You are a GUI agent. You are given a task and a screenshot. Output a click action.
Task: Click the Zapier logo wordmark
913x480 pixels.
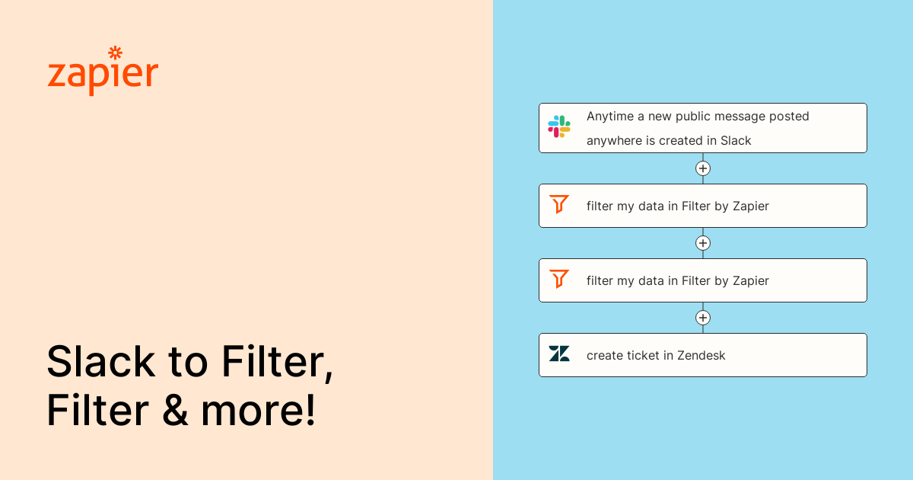point(103,75)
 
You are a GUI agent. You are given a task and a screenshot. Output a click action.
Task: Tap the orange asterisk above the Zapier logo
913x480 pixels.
point(116,53)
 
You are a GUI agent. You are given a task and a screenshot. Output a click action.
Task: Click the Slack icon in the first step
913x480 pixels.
point(559,126)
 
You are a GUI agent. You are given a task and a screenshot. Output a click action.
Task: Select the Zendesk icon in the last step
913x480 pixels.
point(559,354)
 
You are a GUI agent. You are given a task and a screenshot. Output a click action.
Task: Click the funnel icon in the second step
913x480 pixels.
point(559,204)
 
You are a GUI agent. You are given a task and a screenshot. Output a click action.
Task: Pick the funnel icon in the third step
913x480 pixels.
point(559,279)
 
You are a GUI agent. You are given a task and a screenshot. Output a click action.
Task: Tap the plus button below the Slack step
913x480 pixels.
point(703,168)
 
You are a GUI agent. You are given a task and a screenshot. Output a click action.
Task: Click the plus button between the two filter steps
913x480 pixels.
point(703,243)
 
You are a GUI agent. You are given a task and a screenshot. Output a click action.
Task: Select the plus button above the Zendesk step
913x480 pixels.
point(703,318)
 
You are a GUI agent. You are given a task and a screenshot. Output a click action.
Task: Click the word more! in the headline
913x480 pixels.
point(258,412)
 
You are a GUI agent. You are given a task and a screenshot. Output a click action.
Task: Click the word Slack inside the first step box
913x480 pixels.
point(736,141)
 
